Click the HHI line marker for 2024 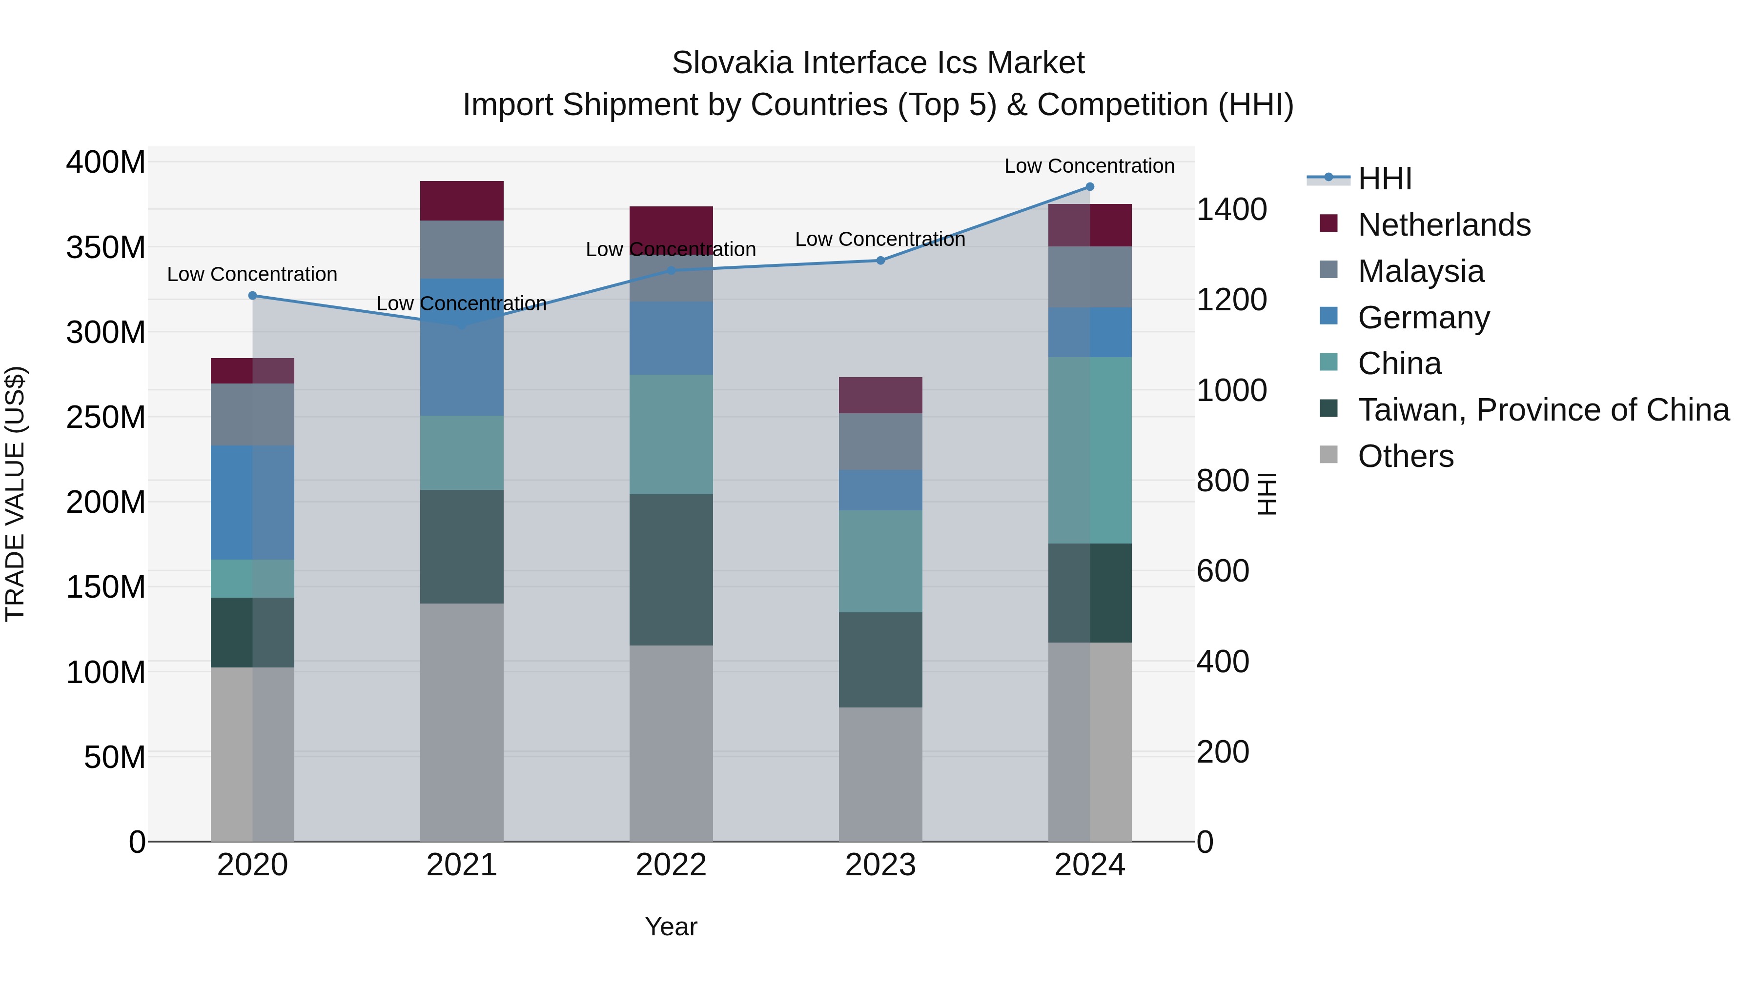1089,187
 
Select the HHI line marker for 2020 252,295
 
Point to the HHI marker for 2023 880,261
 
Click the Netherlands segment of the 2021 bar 462,201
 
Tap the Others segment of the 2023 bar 880,774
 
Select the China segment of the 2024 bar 1089,450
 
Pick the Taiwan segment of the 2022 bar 671,569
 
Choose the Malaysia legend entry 1420,271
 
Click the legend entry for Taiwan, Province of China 1543,410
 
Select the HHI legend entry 1385,179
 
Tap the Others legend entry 1405,456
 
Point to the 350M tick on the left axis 106,247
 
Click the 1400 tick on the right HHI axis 1231,209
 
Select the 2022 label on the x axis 671,865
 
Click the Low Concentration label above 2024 1089,166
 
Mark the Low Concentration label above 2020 252,274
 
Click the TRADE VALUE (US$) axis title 15,494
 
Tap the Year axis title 671,927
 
